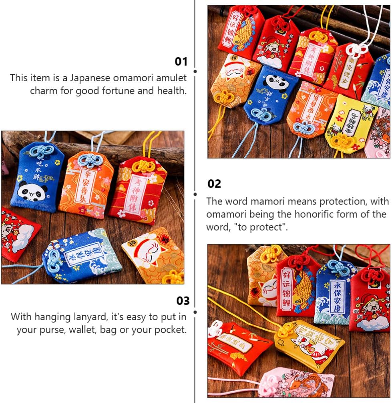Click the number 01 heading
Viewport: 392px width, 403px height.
point(181,62)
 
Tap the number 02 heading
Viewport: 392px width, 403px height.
point(214,184)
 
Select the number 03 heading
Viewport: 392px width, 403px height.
point(183,301)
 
